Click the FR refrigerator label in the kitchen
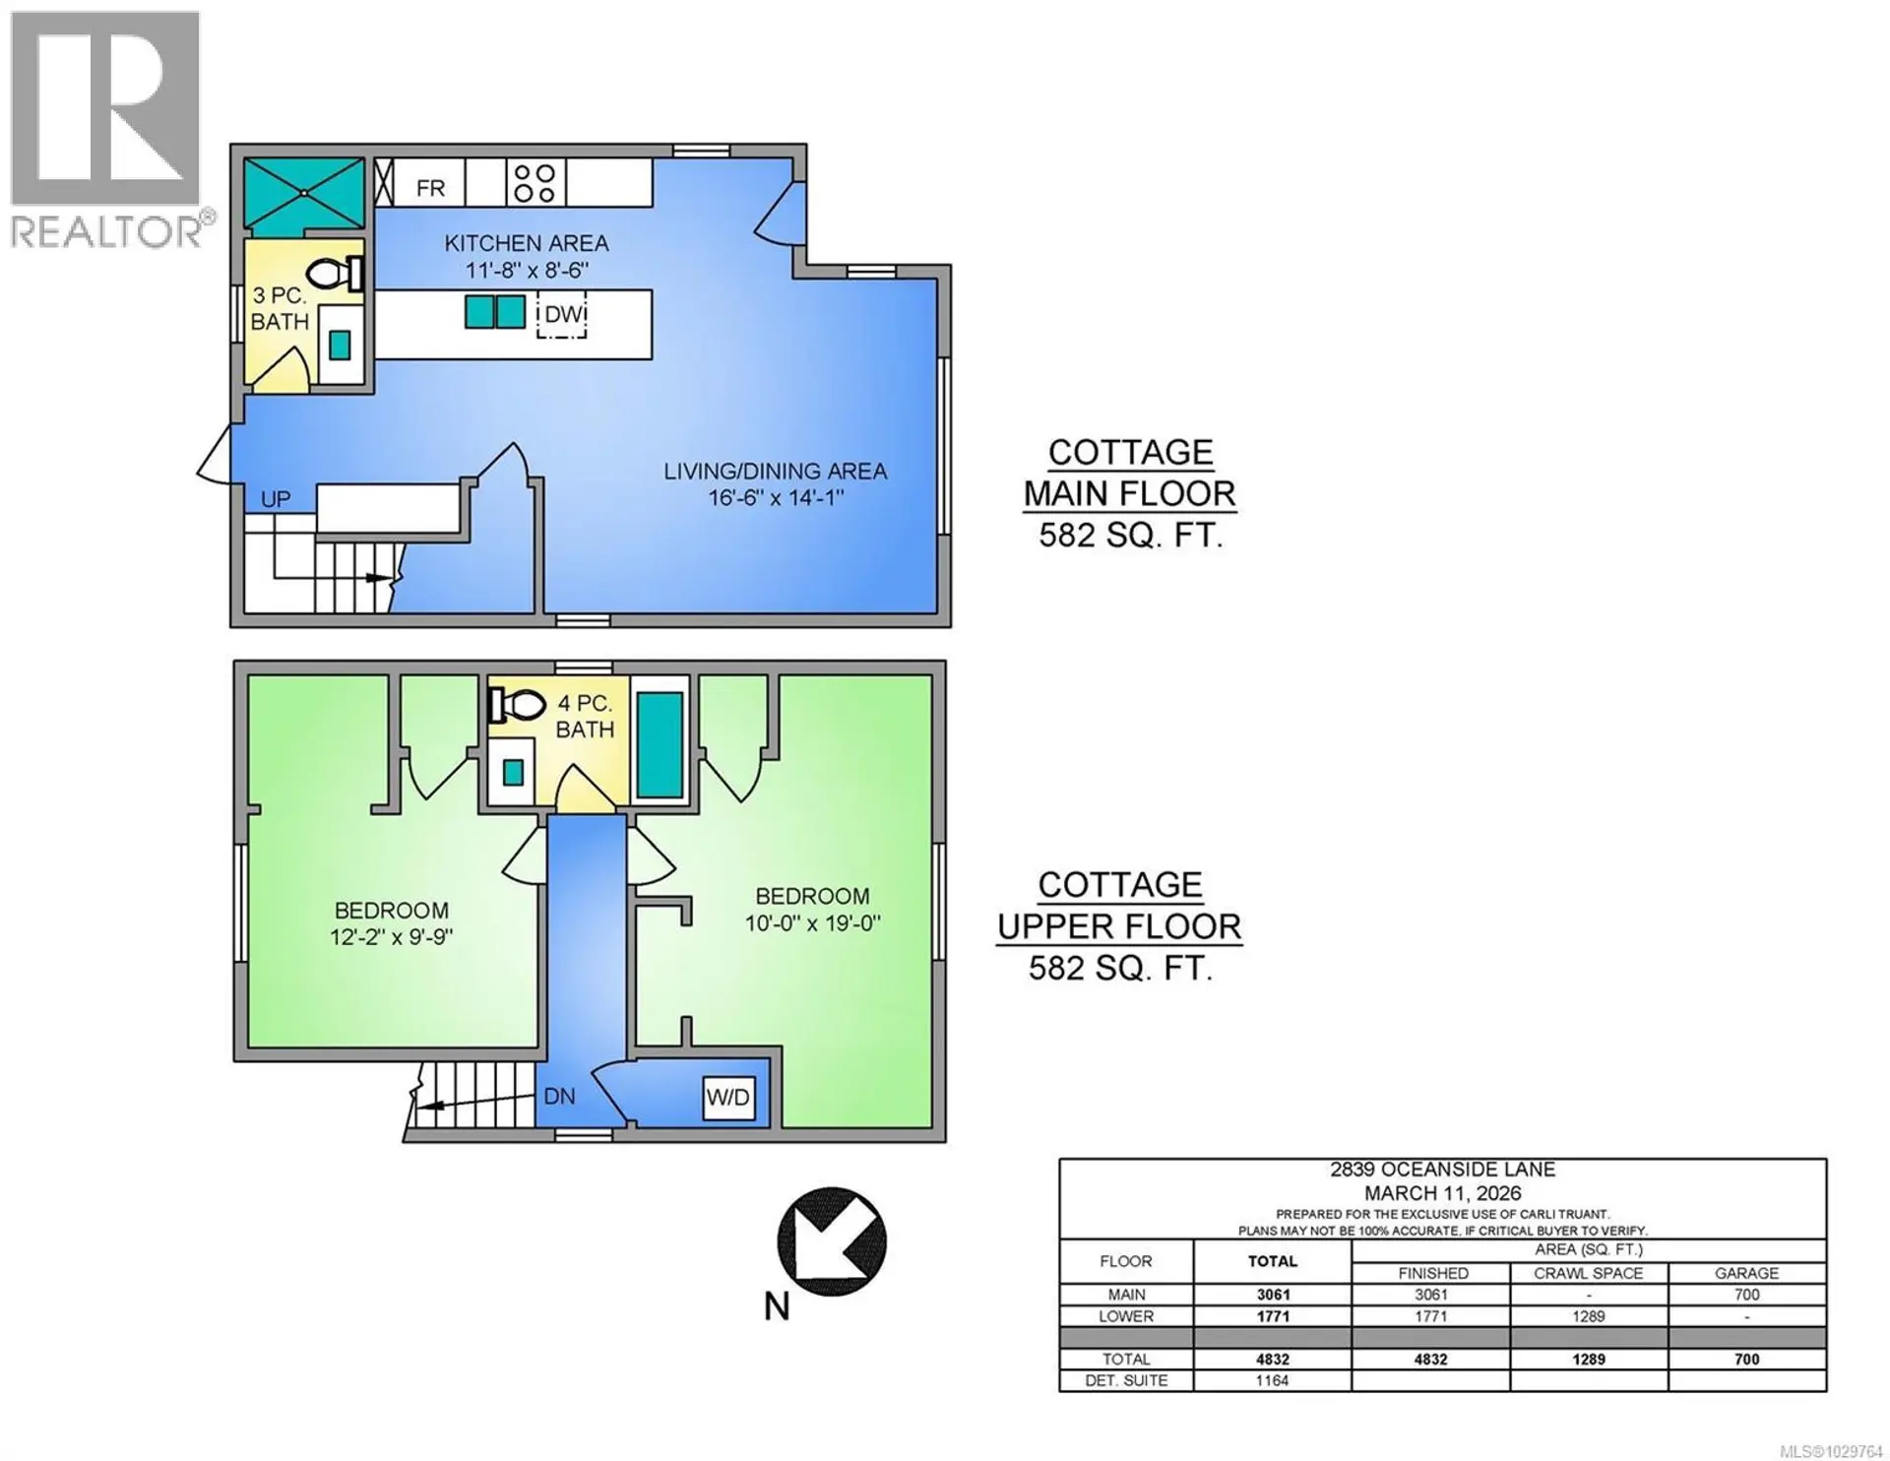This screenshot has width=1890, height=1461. click(430, 187)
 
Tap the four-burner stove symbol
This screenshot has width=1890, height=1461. click(535, 183)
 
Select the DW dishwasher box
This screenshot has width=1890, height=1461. click(562, 314)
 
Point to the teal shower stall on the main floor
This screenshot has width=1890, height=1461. click(304, 192)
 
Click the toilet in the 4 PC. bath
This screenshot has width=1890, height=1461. click(519, 704)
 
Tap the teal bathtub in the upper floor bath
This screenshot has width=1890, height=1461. click(660, 744)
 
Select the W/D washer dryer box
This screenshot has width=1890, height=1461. click(728, 1097)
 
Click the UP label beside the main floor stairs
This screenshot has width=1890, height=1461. click(276, 499)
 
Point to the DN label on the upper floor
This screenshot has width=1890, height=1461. click(559, 1096)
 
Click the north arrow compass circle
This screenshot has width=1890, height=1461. click(832, 1240)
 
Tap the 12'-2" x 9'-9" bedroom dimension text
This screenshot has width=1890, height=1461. click(391, 936)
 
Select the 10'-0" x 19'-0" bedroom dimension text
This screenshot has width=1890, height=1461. click(812, 922)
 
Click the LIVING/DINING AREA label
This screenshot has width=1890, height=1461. click(775, 472)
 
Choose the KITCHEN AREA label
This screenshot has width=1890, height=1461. click(526, 243)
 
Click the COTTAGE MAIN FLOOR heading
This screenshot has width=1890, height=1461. click(1129, 473)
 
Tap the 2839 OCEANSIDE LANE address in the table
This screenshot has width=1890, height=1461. click(1442, 1170)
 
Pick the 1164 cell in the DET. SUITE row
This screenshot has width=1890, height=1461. click(1272, 1380)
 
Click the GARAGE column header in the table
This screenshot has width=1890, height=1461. click(1746, 1273)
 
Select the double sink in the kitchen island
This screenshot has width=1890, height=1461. click(495, 312)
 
